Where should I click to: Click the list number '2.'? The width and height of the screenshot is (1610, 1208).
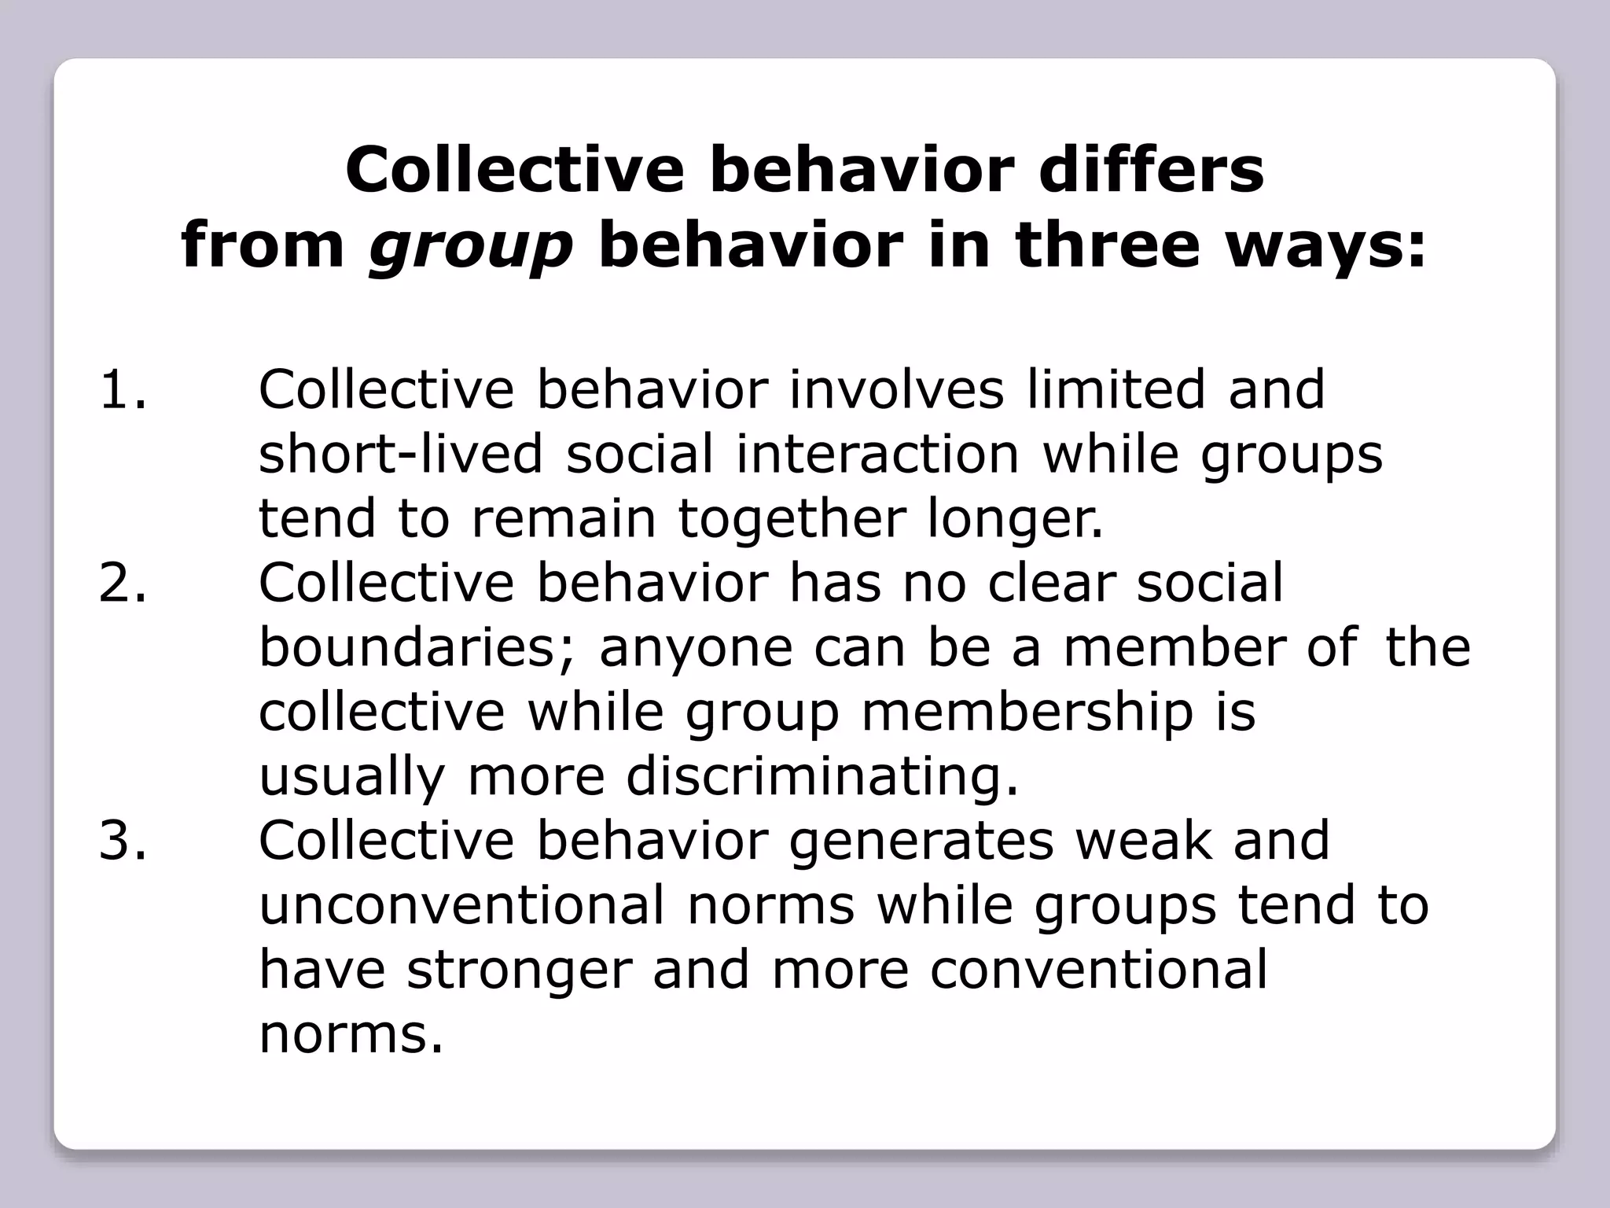tap(123, 583)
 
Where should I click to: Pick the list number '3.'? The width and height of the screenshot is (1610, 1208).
tap(123, 840)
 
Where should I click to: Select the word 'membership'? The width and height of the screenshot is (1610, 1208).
tap(1027, 713)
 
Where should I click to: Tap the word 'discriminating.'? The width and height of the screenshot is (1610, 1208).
tap(822, 778)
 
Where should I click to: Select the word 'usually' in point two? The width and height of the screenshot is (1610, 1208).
tap(352, 778)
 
